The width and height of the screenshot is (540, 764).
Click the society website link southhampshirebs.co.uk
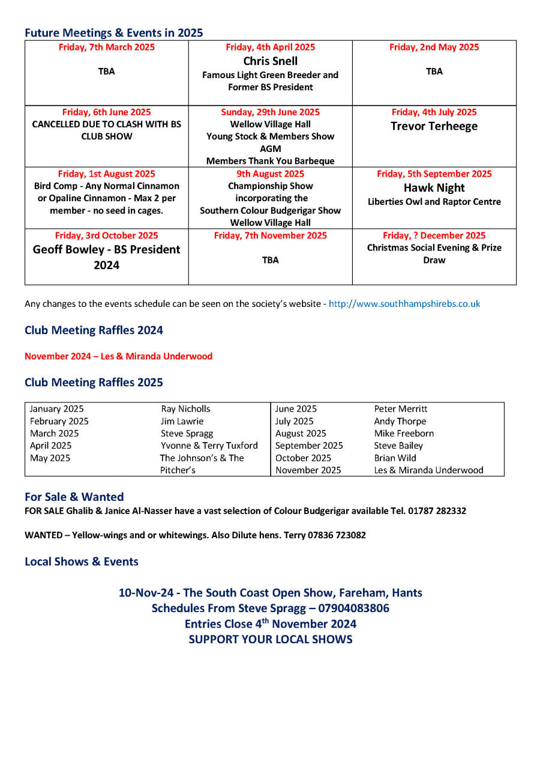tap(404, 304)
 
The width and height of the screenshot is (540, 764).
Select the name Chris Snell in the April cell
tap(270, 61)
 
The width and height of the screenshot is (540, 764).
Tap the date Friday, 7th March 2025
tap(106, 47)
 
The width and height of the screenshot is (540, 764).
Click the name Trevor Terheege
tap(434, 126)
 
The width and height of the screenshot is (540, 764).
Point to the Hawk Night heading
tap(434, 188)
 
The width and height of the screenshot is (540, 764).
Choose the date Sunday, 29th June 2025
tap(270, 112)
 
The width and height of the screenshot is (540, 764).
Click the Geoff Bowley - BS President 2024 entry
tap(106, 257)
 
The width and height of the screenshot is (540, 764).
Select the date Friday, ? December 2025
tap(434, 236)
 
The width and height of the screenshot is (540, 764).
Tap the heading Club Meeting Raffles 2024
tap(94, 330)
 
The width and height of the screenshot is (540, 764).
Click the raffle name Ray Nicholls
tap(185, 409)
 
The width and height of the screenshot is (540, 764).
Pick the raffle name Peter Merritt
tap(400, 409)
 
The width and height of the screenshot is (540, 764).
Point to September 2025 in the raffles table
tap(309, 446)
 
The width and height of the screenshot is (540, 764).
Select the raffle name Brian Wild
tap(395, 458)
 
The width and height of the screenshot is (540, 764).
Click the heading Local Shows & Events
tap(82, 562)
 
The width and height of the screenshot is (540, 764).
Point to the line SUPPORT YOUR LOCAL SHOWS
tap(270, 640)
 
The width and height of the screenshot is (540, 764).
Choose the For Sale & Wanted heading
tap(74, 497)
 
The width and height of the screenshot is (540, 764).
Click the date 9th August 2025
tap(270, 174)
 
